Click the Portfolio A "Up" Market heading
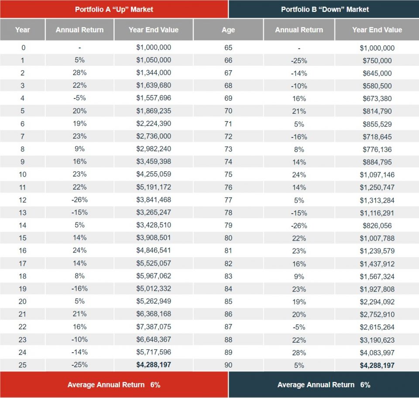[x=114, y=9]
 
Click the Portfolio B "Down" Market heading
[x=325, y=9]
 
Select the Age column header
[x=228, y=30]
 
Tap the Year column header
[x=22, y=30]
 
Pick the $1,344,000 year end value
[x=154, y=73]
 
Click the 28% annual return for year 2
[x=79, y=73]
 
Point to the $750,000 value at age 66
[x=377, y=61]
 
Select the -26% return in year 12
[x=79, y=200]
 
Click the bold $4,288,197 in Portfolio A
[x=154, y=365]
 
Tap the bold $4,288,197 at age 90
[x=377, y=365]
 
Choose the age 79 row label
[x=228, y=225]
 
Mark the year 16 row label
[x=23, y=251]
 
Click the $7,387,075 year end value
[x=154, y=327]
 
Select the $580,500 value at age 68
[x=377, y=86]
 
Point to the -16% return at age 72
[x=299, y=137]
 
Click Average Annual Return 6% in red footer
[x=114, y=384]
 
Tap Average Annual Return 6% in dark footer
[x=324, y=384]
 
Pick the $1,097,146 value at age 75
[x=377, y=175]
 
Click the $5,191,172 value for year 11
[x=154, y=187]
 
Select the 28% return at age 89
[x=299, y=352]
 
